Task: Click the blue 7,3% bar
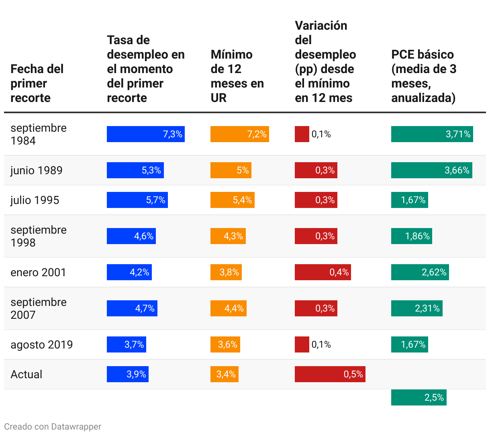point(145,134)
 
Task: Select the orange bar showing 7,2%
point(239,134)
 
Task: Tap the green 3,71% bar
point(432,134)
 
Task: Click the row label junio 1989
point(37,170)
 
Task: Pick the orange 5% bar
point(231,170)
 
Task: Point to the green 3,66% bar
point(431,170)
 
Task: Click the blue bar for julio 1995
point(137,200)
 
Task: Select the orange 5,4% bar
point(232,200)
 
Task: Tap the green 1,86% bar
point(411,236)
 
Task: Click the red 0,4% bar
point(323,272)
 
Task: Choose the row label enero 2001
point(38,272)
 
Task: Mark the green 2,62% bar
point(420,272)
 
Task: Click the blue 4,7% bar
point(132,308)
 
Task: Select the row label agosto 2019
point(42,344)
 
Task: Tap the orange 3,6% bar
point(225,344)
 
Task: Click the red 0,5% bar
point(330,374)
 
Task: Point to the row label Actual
point(27,374)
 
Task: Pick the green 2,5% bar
point(419,397)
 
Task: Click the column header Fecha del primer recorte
point(37,83)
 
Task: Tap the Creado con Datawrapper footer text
point(53,426)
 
